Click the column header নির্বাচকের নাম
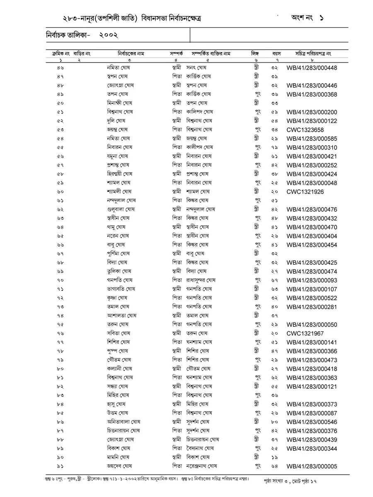click(131, 54)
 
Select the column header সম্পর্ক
click(177, 54)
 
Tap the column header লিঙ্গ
click(254, 54)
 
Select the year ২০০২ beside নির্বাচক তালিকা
click(109, 36)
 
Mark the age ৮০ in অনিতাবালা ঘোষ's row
click(274, 422)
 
